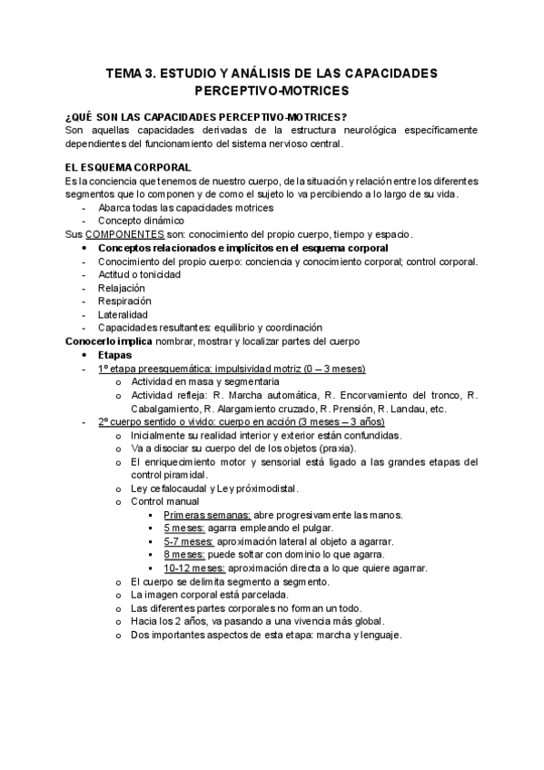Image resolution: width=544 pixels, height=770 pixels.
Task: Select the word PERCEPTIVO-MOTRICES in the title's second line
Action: tap(271, 92)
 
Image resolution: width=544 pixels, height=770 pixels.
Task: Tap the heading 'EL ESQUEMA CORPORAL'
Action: tap(128, 167)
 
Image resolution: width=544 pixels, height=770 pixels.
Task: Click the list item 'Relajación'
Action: tap(122, 288)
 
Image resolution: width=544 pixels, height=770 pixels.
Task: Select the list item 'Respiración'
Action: tap(124, 301)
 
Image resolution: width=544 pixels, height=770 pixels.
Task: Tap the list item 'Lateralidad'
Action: tap(123, 314)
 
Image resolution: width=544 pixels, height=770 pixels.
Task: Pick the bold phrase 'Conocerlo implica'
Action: tap(103, 341)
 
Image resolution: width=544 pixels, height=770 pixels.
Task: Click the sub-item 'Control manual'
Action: tap(164, 501)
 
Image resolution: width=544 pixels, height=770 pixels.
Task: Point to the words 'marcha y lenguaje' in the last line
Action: tap(355, 636)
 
